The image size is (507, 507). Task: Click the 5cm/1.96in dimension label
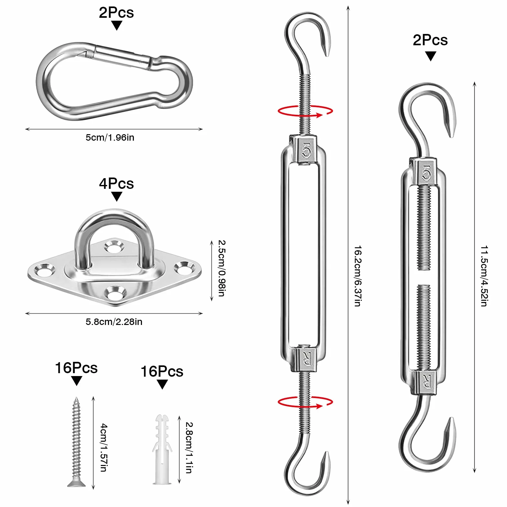110,137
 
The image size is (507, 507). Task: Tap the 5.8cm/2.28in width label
114,322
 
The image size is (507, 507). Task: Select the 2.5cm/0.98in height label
222,268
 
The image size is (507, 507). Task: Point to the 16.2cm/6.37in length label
358,276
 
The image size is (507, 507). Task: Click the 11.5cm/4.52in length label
484,276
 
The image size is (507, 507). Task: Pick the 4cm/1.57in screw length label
103,448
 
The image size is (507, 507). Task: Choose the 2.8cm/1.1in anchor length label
189,448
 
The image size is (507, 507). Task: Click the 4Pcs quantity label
116,184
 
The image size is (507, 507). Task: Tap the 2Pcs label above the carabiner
116,13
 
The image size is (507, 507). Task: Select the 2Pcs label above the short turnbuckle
430,40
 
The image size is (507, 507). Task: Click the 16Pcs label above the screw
76,368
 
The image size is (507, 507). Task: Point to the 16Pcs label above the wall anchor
162,372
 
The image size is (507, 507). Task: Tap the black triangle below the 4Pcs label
116,196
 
